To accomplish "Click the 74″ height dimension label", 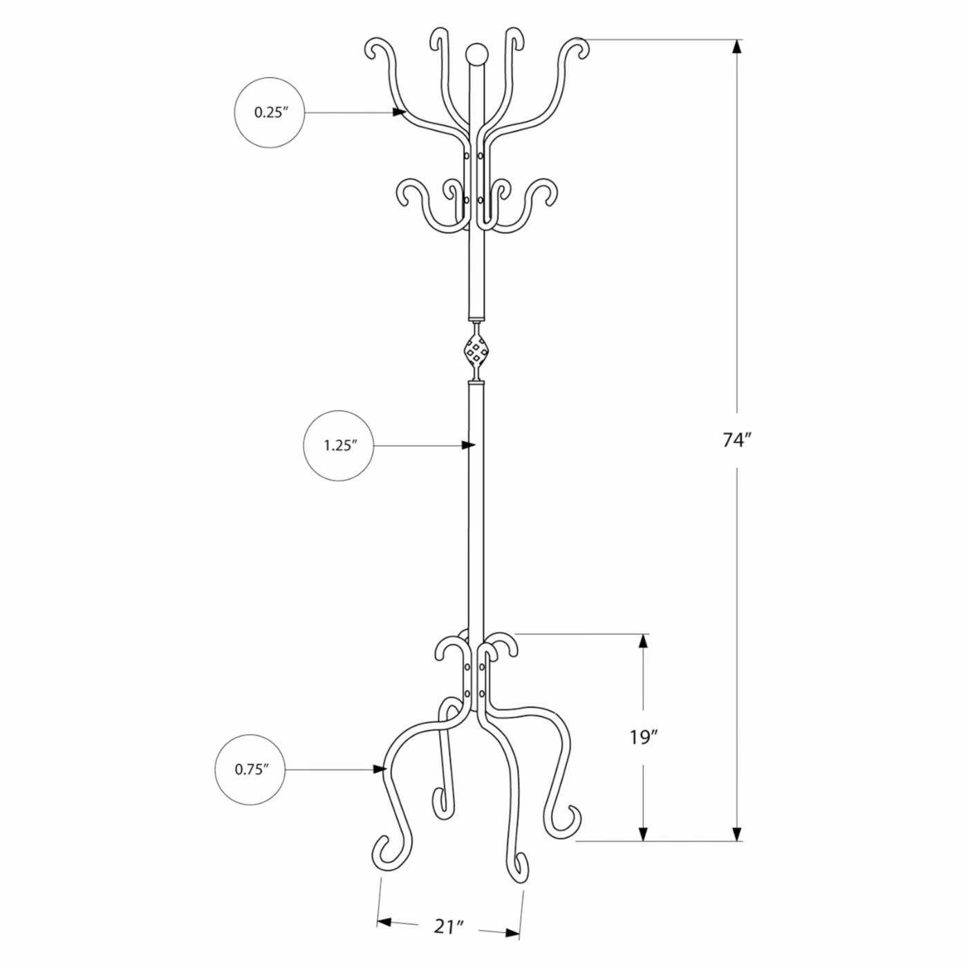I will click(736, 440).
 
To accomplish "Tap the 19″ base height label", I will click(642, 738).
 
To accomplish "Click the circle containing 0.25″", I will click(270, 112).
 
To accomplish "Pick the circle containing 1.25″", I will click(339, 445).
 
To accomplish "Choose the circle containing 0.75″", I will click(250, 769).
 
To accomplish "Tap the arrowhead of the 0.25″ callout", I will click(399, 112).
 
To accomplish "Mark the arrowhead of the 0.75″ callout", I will click(379, 769).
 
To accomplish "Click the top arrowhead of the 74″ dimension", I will click(737, 47).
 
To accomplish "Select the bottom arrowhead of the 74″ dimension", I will click(737, 834).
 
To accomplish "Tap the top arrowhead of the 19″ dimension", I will click(644, 641).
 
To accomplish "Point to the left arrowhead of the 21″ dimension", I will click(384, 922).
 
